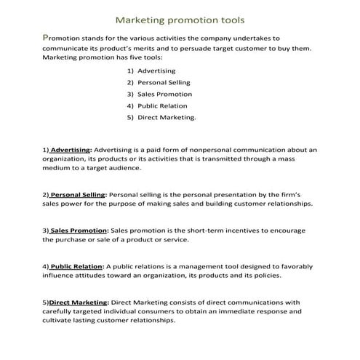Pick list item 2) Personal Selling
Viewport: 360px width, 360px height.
158,82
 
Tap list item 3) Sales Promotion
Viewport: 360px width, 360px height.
159,94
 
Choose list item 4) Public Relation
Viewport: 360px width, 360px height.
157,105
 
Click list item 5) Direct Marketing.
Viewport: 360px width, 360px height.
161,117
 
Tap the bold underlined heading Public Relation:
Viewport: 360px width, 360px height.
77,266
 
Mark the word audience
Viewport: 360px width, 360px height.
123,167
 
